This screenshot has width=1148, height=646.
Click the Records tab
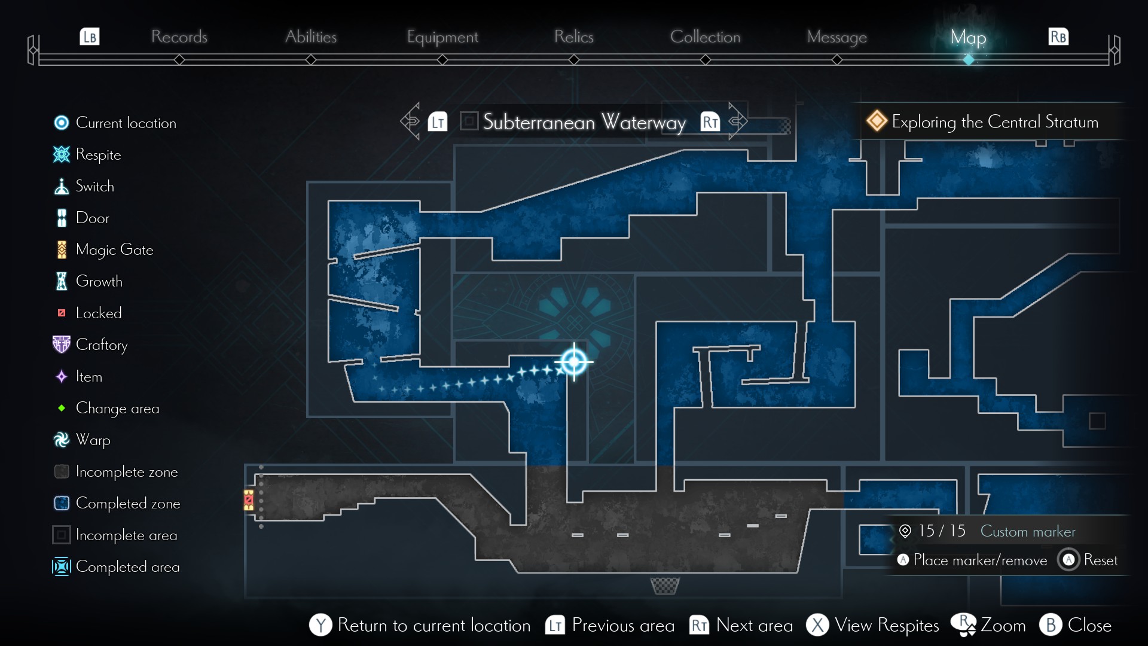[x=179, y=36]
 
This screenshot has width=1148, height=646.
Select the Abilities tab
[x=310, y=36]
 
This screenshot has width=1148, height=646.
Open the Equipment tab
[x=442, y=37]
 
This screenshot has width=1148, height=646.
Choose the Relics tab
[x=573, y=36]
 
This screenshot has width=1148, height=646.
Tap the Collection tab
[x=705, y=36]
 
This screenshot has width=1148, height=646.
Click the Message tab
[x=836, y=37]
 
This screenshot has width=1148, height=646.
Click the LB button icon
[x=90, y=36]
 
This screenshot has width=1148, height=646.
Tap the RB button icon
[x=1058, y=36]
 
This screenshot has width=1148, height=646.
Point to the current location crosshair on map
[x=574, y=361]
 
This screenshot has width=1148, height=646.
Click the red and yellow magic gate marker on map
[x=249, y=500]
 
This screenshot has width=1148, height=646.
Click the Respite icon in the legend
[x=61, y=154]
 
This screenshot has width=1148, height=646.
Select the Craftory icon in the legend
[x=61, y=345]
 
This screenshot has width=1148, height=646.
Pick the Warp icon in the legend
[x=61, y=440]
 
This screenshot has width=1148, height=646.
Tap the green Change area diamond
[x=61, y=408]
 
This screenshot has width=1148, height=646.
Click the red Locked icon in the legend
[x=61, y=313]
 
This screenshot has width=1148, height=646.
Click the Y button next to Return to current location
[x=320, y=625]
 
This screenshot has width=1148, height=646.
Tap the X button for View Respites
[x=817, y=625]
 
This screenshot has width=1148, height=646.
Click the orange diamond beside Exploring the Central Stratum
[x=877, y=121]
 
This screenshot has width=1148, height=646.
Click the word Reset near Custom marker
[x=1100, y=560]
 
